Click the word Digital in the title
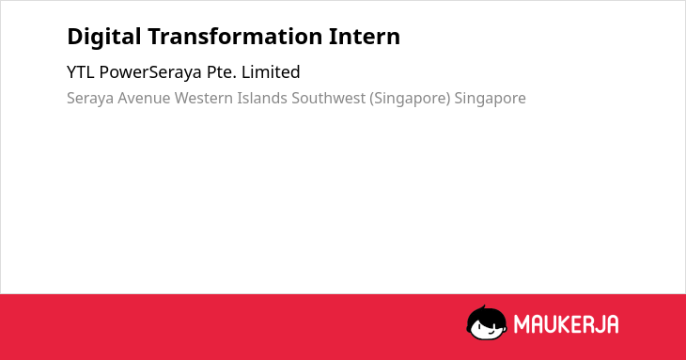coord(104,38)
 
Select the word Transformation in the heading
coord(235,37)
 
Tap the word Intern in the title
coord(365,37)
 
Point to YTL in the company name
coord(81,72)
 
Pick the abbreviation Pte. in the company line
coord(222,72)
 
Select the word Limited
coord(271,72)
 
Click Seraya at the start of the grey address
coord(90,99)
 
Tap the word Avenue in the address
coord(144,98)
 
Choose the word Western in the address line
coord(204,98)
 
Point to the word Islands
coord(262,98)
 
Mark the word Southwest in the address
coord(329,98)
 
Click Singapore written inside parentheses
coord(410,99)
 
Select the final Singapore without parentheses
coord(490,99)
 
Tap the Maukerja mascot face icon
coord(487,322)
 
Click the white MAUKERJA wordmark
coord(566,324)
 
